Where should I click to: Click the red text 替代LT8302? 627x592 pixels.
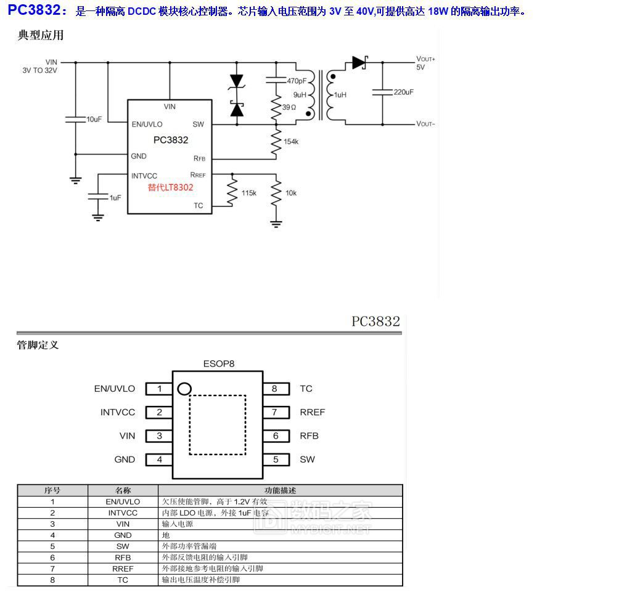pyautogui.click(x=170, y=187)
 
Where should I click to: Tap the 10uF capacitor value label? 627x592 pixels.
pyautogui.click(x=94, y=119)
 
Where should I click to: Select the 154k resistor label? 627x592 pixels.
pyautogui.click(x=291, y=142)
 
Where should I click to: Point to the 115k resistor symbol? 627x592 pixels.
pyautogui.click(x=232, y=193)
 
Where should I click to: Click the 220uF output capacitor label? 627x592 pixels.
pyautogui.click(x=403, y=92)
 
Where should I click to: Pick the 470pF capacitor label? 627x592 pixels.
pyautogui.click(x=297, y=81)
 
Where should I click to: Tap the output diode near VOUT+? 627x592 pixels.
pyautogui.click(x=359, y=62)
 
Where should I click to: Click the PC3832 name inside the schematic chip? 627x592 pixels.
pyautogui.click(x=171, y=140)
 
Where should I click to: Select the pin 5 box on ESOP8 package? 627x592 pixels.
pyautogui.click(x=276, y=460)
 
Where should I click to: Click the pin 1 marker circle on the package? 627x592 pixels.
pyautogui.click(x=184, y=389)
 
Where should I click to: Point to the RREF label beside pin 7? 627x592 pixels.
pyautogui.click(x=313, y=412)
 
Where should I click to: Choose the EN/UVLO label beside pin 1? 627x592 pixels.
pyautogui.click(x=115, y=389)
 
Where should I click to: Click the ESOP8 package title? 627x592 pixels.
pyautogui.click(x=219, y=363)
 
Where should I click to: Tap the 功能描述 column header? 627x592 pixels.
pyautogui.click(x=280, y=490)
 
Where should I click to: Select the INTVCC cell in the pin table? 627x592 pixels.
pyautogui.click(x=123, y=513)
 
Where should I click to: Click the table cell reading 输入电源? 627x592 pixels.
pyautogui.click(x=178, y=524)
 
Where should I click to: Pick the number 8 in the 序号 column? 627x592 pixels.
pyautogui.click(x=52, y=580)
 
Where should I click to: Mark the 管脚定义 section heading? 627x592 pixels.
pyautogui.click(x=38, y=345)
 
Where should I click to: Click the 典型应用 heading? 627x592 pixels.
pyautogui.click(x=41, y=35)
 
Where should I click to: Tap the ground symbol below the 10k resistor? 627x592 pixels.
pyautogui.click(x=276, y=224)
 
